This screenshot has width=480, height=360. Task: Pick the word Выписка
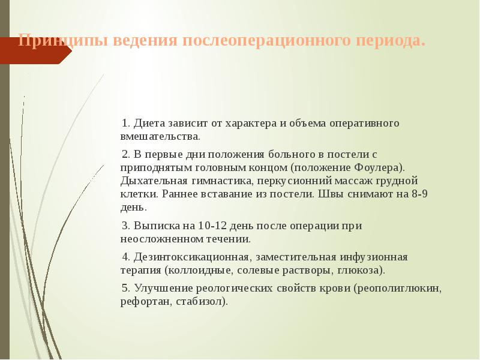pyautogui.click(x=158, y=226)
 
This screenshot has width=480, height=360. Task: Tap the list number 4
pyautogui.click(x=125, y=257)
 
